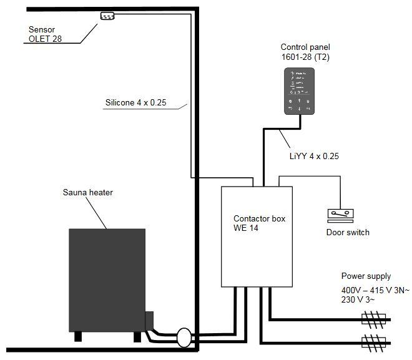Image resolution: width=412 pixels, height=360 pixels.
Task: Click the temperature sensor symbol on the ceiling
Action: (109, 16)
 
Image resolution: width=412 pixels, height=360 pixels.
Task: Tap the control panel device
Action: (300, 91)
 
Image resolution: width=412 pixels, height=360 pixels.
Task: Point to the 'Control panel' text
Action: (305, 47)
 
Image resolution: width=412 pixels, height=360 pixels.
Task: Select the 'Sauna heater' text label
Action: (88, 192)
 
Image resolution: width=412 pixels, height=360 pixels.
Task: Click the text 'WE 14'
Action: (246, 228)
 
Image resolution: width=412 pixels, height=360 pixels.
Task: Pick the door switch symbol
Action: (341, 215)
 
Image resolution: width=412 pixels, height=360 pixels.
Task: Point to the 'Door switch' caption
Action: (348, 232)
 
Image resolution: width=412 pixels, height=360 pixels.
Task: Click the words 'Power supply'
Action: (366, 276)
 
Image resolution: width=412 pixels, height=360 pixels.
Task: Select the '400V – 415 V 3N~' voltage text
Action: (375, 291)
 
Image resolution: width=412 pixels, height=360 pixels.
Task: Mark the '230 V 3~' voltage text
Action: (358, 301)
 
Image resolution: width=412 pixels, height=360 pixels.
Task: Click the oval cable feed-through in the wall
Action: (186, 338)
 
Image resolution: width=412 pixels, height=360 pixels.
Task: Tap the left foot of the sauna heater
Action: (78, 336)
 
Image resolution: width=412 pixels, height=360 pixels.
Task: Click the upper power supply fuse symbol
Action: (374, 320)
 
